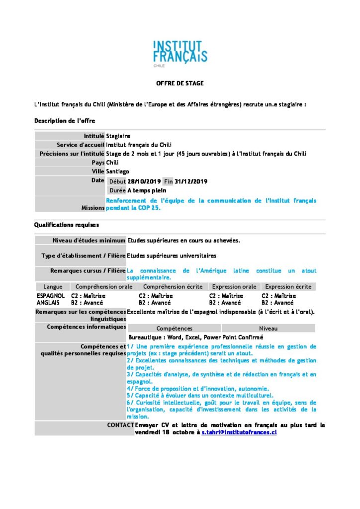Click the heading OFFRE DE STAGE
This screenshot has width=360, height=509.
(180, 83)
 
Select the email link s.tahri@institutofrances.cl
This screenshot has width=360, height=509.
(239, 432)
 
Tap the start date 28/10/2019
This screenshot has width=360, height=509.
(144, 181)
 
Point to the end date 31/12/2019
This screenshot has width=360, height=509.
(191, 181)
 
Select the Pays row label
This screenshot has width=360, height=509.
(98, 162)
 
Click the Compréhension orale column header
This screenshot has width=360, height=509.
(103, 287)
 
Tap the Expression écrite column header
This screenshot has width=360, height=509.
(288, 287)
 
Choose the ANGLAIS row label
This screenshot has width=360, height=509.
(48, 302)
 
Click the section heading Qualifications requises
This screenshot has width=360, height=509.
(66, 225)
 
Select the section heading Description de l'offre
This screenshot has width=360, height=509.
(65, 121)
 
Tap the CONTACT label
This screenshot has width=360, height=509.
(120, 425)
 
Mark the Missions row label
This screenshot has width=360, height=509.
(93, 208)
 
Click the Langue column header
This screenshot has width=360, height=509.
(53, 287)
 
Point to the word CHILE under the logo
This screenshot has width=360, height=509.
(160, 65)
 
